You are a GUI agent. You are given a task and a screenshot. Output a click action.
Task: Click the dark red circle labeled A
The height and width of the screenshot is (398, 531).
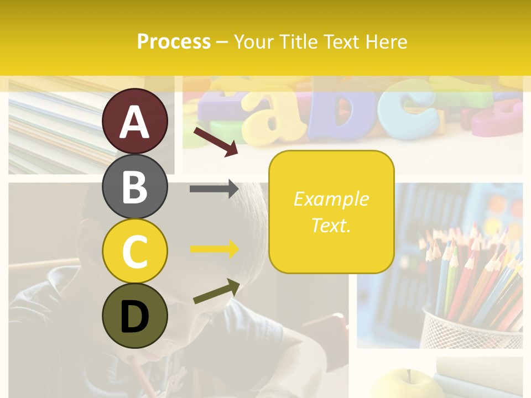pos(135,121)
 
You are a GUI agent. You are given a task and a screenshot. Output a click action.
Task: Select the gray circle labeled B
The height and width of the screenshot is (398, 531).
pos(135,186)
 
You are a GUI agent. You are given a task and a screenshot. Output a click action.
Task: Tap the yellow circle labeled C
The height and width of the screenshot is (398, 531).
pos(135,251)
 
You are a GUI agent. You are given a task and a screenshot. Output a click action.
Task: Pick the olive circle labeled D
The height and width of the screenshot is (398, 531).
pos(135,316)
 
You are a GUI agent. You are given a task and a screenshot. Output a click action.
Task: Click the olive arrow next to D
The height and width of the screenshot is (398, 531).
pos(216,291)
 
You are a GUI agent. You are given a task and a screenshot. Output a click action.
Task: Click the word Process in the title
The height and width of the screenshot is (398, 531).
pos(174,42)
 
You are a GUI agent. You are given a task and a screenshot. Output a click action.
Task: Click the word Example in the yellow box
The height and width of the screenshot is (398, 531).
pos(331,199)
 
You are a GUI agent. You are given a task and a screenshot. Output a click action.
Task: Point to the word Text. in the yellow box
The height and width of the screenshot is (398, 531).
pos(331,225)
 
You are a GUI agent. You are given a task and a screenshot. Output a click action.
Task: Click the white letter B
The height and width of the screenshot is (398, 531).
pos(135,186)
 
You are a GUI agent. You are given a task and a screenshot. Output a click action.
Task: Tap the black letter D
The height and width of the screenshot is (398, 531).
pos(135,316)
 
